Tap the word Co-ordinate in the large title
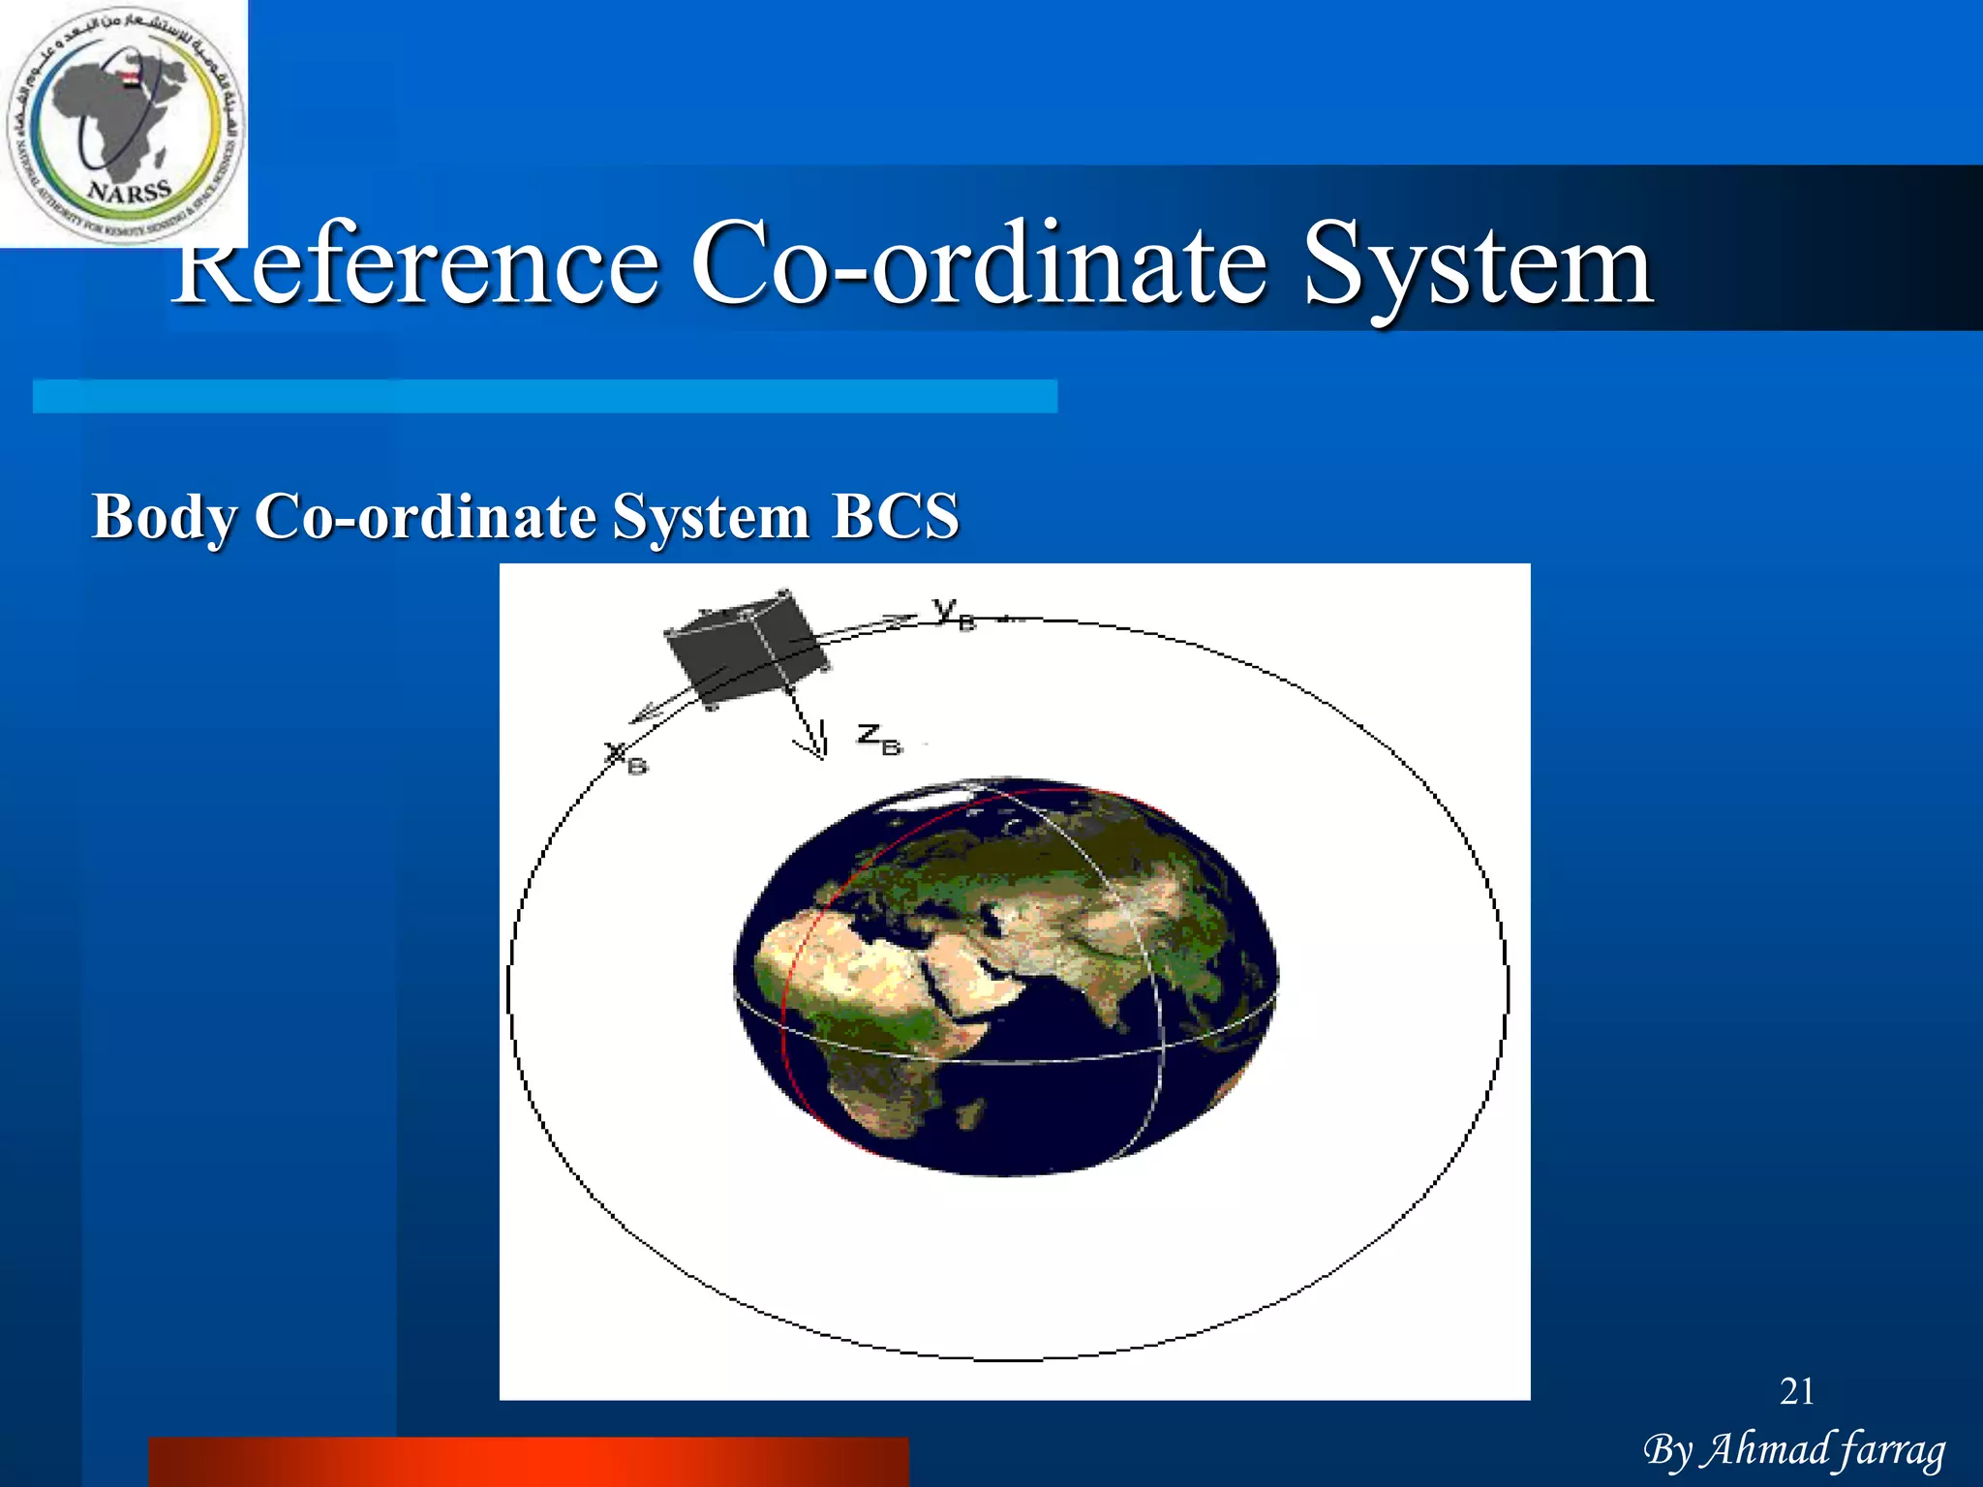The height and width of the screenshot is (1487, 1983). (x=978, y=263)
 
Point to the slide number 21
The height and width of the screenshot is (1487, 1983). (x=1797, y=1392)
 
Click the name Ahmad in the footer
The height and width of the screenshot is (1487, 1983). (x=1766, y=1449)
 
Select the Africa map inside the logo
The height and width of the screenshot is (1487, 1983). (x=107, y=111)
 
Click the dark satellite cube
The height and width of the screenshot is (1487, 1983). (x=746, y=647)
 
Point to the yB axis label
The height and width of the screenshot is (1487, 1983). (x=954, y=613)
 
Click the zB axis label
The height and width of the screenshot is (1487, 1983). (x=879, y=740)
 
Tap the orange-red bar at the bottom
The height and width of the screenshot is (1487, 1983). (x=529, y=1462)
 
